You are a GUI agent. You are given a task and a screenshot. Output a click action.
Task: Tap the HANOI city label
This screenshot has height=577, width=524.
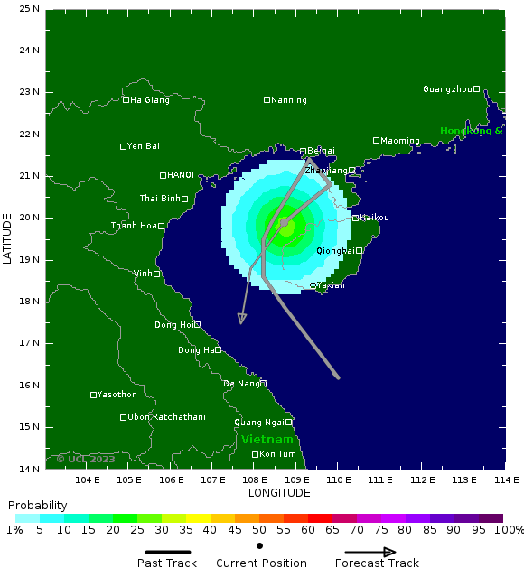[x=180, y=175]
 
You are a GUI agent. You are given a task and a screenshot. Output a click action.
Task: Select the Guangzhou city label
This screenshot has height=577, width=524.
[x=447, y=89]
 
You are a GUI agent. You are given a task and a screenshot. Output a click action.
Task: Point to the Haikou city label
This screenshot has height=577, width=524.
[x=374, y=218]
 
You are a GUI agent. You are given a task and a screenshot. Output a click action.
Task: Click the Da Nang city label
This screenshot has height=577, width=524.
[x=241, y=384]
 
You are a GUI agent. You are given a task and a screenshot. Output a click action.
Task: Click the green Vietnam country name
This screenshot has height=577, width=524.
[x=267, y=440]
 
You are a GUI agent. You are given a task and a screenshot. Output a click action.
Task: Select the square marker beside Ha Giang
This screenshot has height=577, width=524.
[x=126, y=99]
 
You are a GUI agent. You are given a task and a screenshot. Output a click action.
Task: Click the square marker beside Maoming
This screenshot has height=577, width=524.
[x=377, y=140]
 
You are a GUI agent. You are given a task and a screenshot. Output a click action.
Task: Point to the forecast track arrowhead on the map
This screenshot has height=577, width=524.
[x=241, y=319]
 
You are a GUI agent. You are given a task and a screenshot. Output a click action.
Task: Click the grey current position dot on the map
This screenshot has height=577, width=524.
[x=284, y=222]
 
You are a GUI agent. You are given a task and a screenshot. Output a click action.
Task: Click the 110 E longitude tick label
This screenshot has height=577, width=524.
[x=338, y=479]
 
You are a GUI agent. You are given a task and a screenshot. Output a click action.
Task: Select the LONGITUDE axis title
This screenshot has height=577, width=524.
[x=279, y=493]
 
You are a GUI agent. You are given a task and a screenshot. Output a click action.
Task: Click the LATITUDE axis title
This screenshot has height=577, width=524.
[x=8, y=238]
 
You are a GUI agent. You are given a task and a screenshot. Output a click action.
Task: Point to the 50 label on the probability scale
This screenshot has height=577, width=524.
[x=259, y=529]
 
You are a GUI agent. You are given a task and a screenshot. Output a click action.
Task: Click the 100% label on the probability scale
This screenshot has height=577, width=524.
[x=510, y=529]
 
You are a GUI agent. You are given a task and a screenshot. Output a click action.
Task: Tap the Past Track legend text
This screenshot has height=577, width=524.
[x=166, y=563]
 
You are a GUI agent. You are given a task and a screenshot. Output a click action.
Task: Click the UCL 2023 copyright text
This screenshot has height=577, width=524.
[x=86, y=459]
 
